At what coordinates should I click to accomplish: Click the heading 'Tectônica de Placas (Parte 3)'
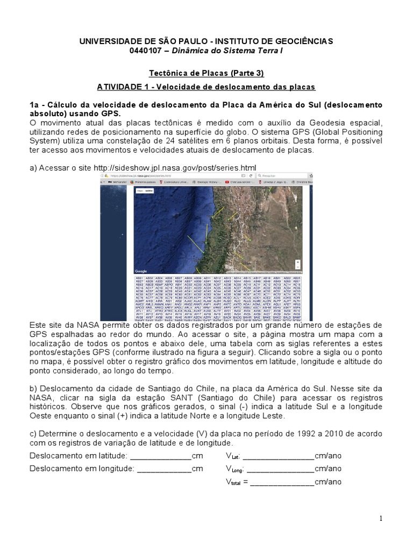(x=206, y=73)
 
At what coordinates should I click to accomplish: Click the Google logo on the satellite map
(x=141, y=271)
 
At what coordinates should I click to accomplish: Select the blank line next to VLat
(x=279, y=456)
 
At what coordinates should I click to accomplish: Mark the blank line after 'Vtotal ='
(x=282, y=482)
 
